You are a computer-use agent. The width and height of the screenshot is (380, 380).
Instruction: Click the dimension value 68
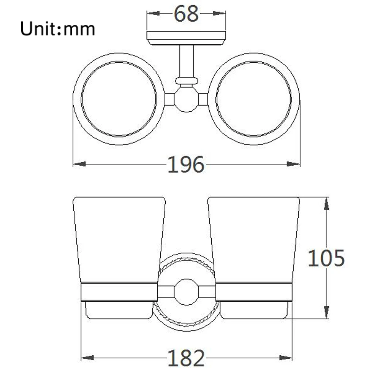tap(186, 14)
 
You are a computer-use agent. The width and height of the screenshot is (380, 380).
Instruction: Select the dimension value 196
tap(186, 165)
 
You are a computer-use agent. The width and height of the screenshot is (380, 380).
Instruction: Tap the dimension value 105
tap(326, 258)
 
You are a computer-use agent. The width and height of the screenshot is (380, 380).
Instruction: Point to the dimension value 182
tap(186, 358)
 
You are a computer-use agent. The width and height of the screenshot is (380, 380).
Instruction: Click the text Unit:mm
tap(57, 28)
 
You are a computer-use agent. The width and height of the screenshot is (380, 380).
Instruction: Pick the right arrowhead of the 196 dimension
tap(293, 164)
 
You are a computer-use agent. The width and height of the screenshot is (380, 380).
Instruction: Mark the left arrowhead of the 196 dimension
tap(79, 164)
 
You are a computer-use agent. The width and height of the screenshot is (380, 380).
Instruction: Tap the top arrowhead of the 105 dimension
tap(326, 204)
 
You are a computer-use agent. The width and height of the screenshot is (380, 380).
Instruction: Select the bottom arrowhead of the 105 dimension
tap(326, 312)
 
